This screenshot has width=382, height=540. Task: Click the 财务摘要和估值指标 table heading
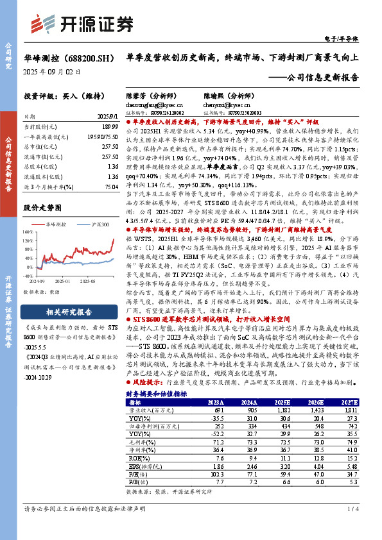tap(157, 392)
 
